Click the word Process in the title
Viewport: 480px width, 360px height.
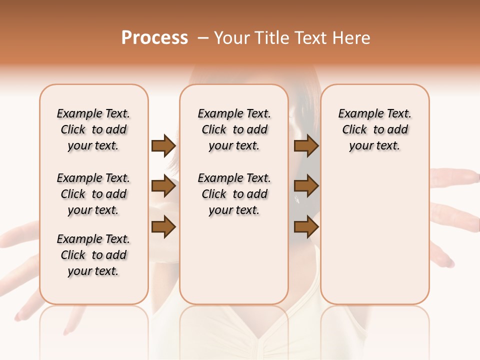[x=154, y=37]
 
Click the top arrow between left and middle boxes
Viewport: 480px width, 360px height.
[x=163, y=146]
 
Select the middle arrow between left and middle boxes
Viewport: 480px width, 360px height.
[x=163, y=186]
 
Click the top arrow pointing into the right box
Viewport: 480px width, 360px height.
[x=306, y=146]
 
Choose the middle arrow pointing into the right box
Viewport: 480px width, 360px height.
[x=306, y=186]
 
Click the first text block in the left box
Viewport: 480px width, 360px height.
[x=93, y=129]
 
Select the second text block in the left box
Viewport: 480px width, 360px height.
[x=93, y=194]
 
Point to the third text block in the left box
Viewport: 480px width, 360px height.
[x=93, y=255]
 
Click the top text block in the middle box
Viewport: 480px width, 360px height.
[x=234, y=129]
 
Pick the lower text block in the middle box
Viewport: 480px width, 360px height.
[x=234, y=194]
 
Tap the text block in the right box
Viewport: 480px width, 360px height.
[x=374, y=129]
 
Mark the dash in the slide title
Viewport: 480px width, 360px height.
[x=203, y=37]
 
